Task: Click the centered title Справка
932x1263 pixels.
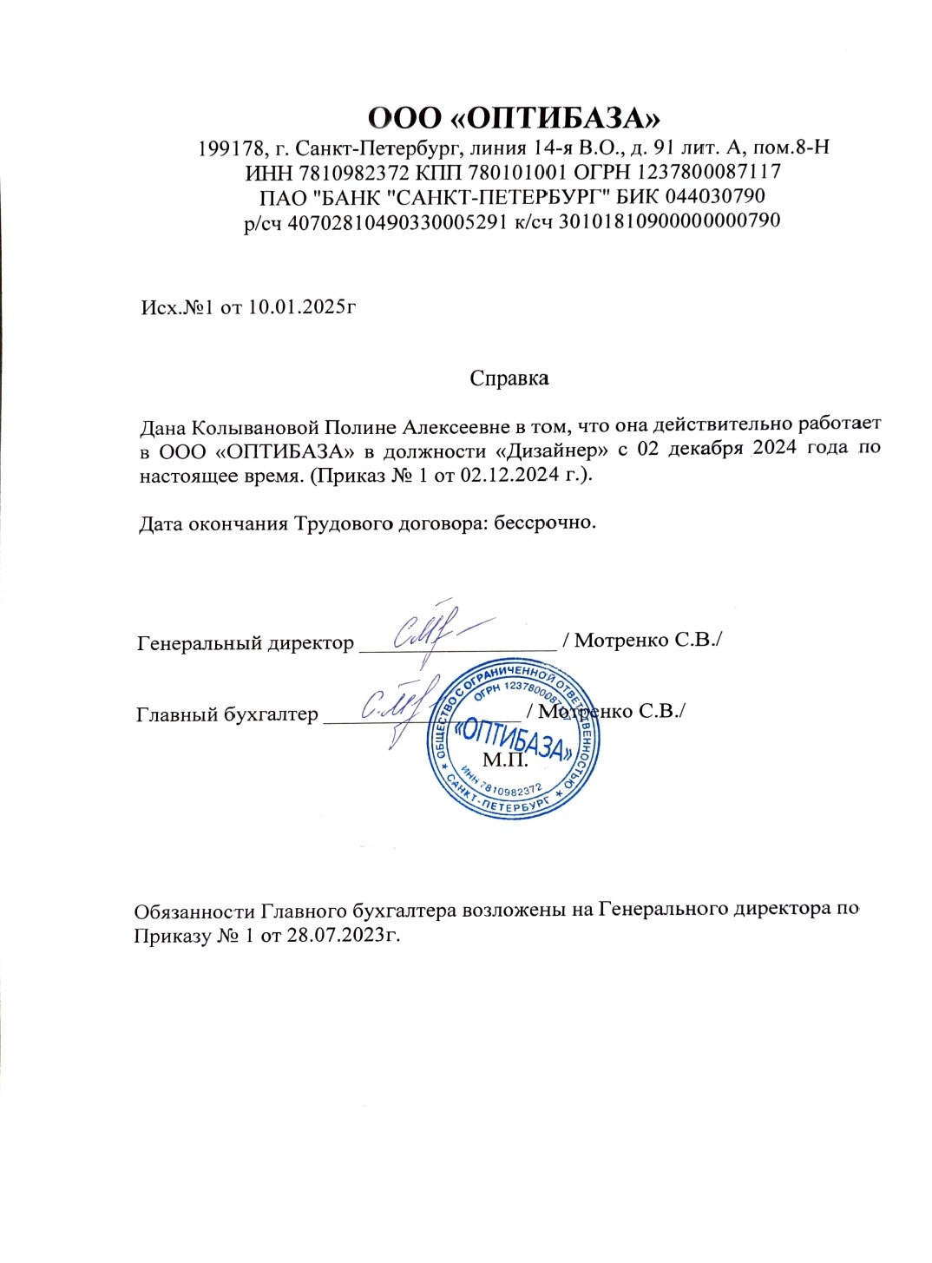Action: (509, 378)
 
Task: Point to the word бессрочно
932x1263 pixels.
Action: (544, 523)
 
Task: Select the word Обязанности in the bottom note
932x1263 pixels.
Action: (195, 911)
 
